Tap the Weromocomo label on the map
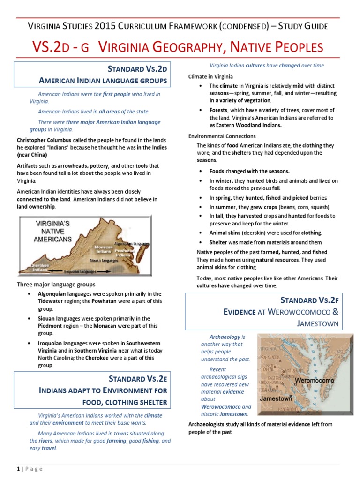315,380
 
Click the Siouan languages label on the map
104,260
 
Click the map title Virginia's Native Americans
53,232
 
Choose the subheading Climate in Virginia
210,76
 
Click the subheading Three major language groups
56,284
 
